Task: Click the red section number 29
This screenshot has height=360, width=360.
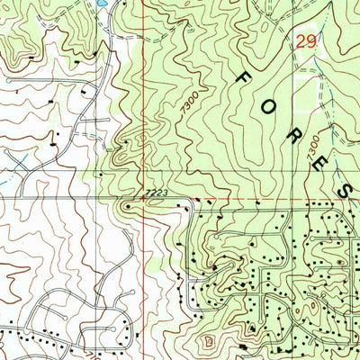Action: click(x=305, y=41)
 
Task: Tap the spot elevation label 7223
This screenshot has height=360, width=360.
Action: click(x=156, y=193)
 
